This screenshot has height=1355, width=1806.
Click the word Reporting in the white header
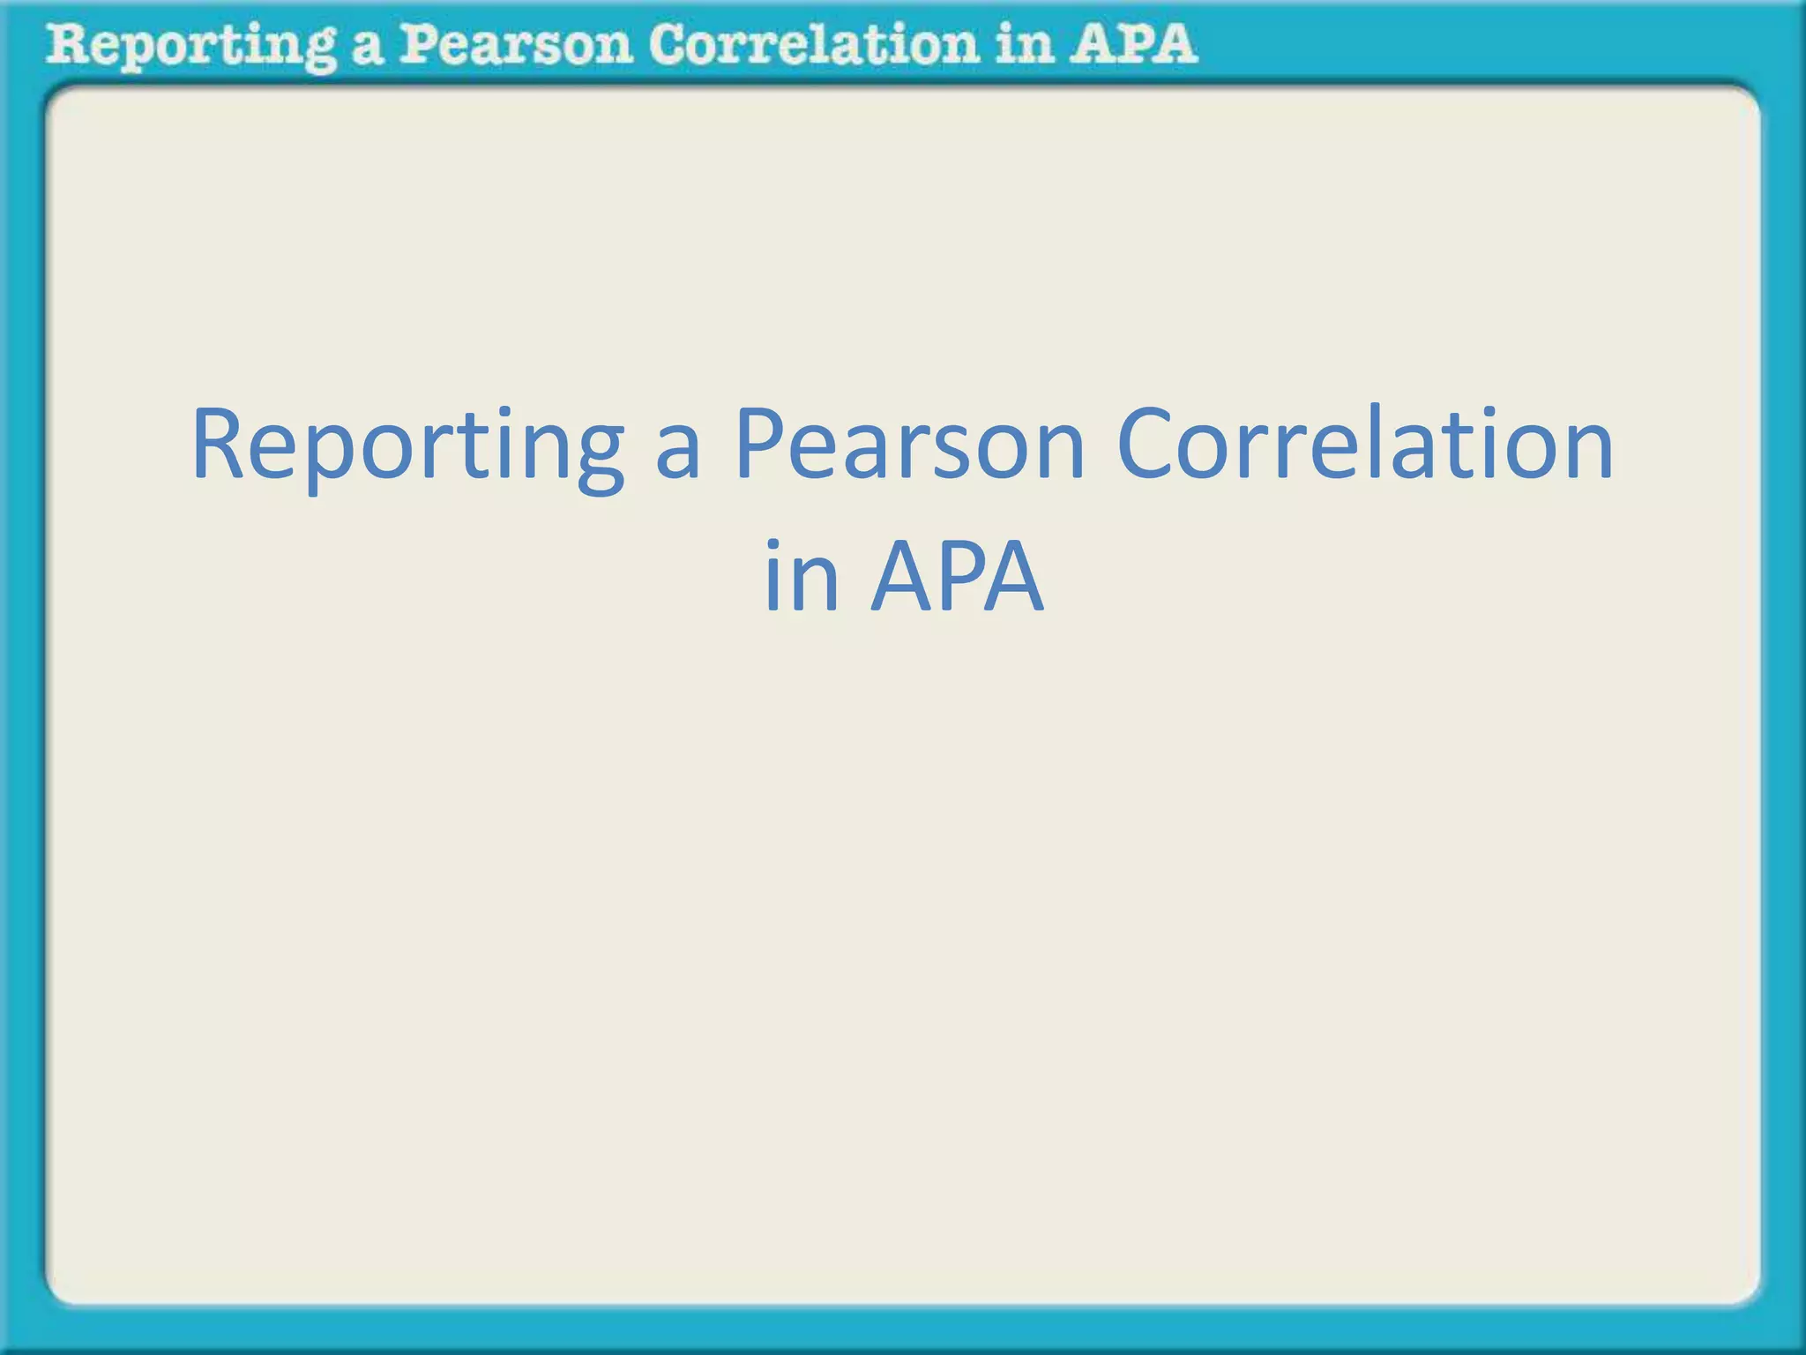coord(190,46)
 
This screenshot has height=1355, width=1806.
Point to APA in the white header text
coord(1133,44)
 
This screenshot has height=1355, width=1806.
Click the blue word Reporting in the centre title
coord(407,445)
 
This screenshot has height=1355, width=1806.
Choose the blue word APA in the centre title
coord(958,577)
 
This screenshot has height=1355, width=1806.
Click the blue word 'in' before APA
coord(801,577)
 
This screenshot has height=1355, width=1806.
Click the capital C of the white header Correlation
coord(668,44)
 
